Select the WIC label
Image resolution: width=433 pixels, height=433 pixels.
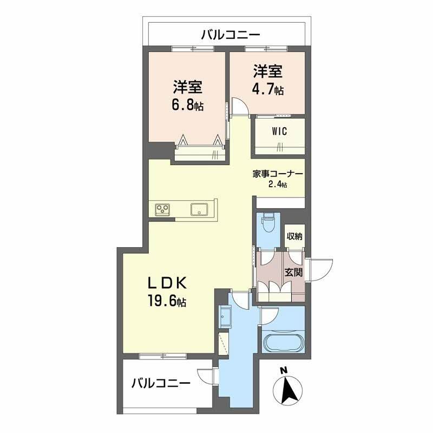[x=279, y=131]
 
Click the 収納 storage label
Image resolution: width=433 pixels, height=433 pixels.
[x=295, y=236]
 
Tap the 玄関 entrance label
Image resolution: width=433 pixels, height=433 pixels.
[x=294, y=273]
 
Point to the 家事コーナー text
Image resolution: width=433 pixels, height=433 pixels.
[x=277, y=174]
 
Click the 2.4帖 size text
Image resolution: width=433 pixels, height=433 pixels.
[x=277, y=185]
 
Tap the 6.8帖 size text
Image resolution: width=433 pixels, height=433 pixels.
[x=188, y=105]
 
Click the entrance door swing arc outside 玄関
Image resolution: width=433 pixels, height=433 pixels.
[x=319, y=267]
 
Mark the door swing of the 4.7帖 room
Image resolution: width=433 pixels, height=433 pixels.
[x=239, y=106]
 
